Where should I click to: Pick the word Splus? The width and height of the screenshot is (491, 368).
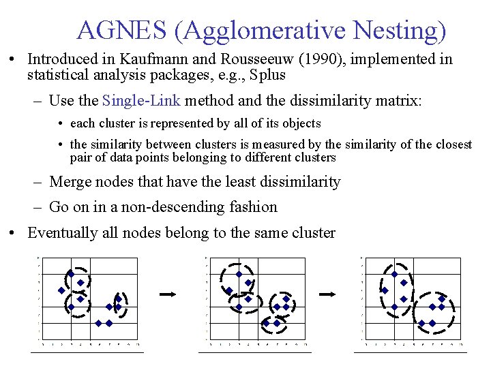tap(267, 75)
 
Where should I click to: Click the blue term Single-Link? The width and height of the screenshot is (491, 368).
tap(141, 102)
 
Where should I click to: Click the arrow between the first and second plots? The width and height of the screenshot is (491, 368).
tap(168, 294)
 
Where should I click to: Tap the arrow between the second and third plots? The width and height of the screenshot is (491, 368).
tap(329, 294)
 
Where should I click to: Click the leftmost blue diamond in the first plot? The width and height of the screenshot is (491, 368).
tap(61, 291)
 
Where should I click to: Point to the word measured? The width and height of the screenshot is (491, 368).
tap(295, 144)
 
